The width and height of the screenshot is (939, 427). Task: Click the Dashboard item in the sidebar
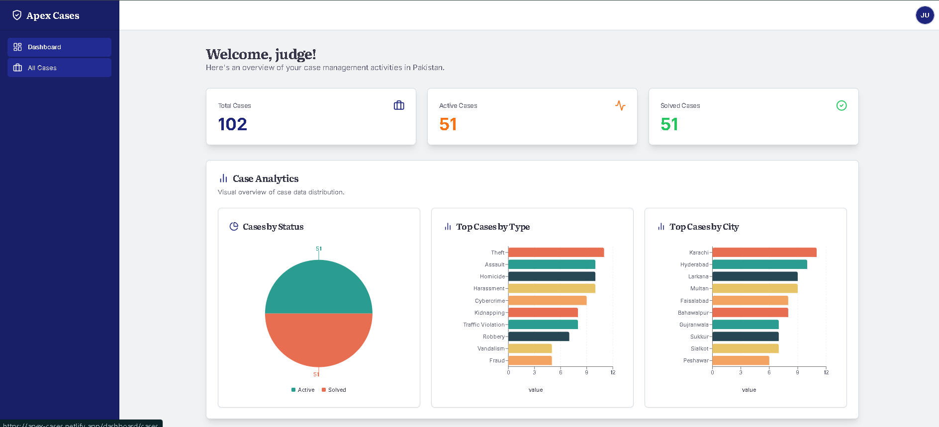pos(59,47)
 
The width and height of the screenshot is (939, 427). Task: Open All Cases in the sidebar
pos(59,68)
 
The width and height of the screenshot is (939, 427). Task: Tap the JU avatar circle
pos(925,15)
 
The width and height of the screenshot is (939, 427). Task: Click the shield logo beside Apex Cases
pos(17,15)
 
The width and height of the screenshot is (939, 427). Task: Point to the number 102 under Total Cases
pos(232,124)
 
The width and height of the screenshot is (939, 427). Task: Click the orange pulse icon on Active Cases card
pos(620,105)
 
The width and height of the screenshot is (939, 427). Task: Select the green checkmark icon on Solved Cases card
pos(841,105)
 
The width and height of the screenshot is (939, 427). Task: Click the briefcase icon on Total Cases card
pos(398,105)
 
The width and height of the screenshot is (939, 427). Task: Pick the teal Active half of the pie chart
pos(318,288)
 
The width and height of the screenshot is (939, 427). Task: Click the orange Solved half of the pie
pos(318,341)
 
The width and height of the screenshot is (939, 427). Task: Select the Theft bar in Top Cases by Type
pos(556,253)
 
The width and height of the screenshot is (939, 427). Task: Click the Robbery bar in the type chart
pos(538,337)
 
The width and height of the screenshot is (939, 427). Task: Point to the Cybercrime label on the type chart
pos(489,301)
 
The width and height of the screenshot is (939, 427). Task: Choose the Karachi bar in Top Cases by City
pos(764,253)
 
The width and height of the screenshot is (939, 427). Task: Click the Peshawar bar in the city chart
pos(740,360)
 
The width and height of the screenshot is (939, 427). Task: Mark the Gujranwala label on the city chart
pos(693,325)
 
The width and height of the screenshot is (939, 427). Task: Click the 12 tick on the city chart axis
pos(826,372)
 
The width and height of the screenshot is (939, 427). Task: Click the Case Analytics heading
pos(265,179)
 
